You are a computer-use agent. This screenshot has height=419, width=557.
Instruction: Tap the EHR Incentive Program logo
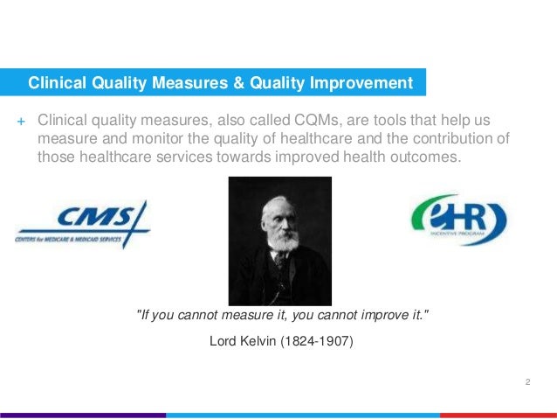tap(458, 219)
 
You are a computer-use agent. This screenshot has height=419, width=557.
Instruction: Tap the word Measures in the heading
tap(175, 84)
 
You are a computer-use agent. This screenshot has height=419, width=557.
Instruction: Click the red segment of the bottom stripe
tap(498, 415)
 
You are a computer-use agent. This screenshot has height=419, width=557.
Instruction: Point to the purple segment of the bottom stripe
tap(83, 415)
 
